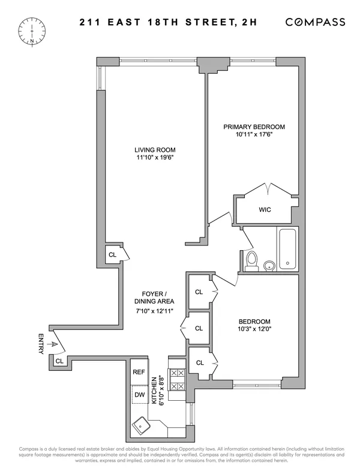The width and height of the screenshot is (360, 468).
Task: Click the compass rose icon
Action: tap(29, 31)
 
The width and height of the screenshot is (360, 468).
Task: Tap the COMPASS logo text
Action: tap(315, 22)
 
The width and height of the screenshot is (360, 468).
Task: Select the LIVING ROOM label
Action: tap(155, 150)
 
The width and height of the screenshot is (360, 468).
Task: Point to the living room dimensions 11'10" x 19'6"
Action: tap(155, 158)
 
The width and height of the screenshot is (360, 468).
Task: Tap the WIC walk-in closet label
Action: tap(265, 210)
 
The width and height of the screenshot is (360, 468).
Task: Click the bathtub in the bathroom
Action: tap(287, 249)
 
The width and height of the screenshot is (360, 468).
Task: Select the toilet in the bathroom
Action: tap(252, 260)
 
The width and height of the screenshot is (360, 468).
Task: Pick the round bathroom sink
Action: tap(269, 265)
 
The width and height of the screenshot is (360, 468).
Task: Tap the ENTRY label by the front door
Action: tap(41, 343)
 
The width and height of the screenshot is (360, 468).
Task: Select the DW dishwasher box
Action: tap(139, 394)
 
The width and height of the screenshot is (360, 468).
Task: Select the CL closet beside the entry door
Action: tap(59, 361)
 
